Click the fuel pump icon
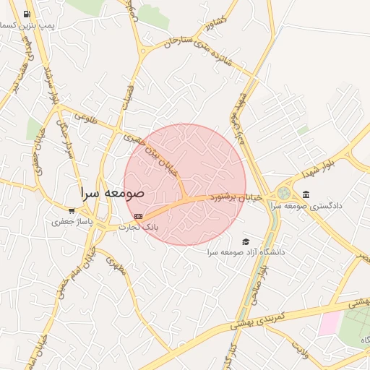coord(27,14)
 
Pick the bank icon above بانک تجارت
coord(138,215)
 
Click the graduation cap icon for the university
coord(246,241)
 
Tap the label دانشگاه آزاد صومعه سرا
coord(246,252)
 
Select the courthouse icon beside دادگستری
coord(306,194)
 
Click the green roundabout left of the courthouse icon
coord(283,194)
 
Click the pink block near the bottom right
coord(328,323)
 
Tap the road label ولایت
coord(303,351)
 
